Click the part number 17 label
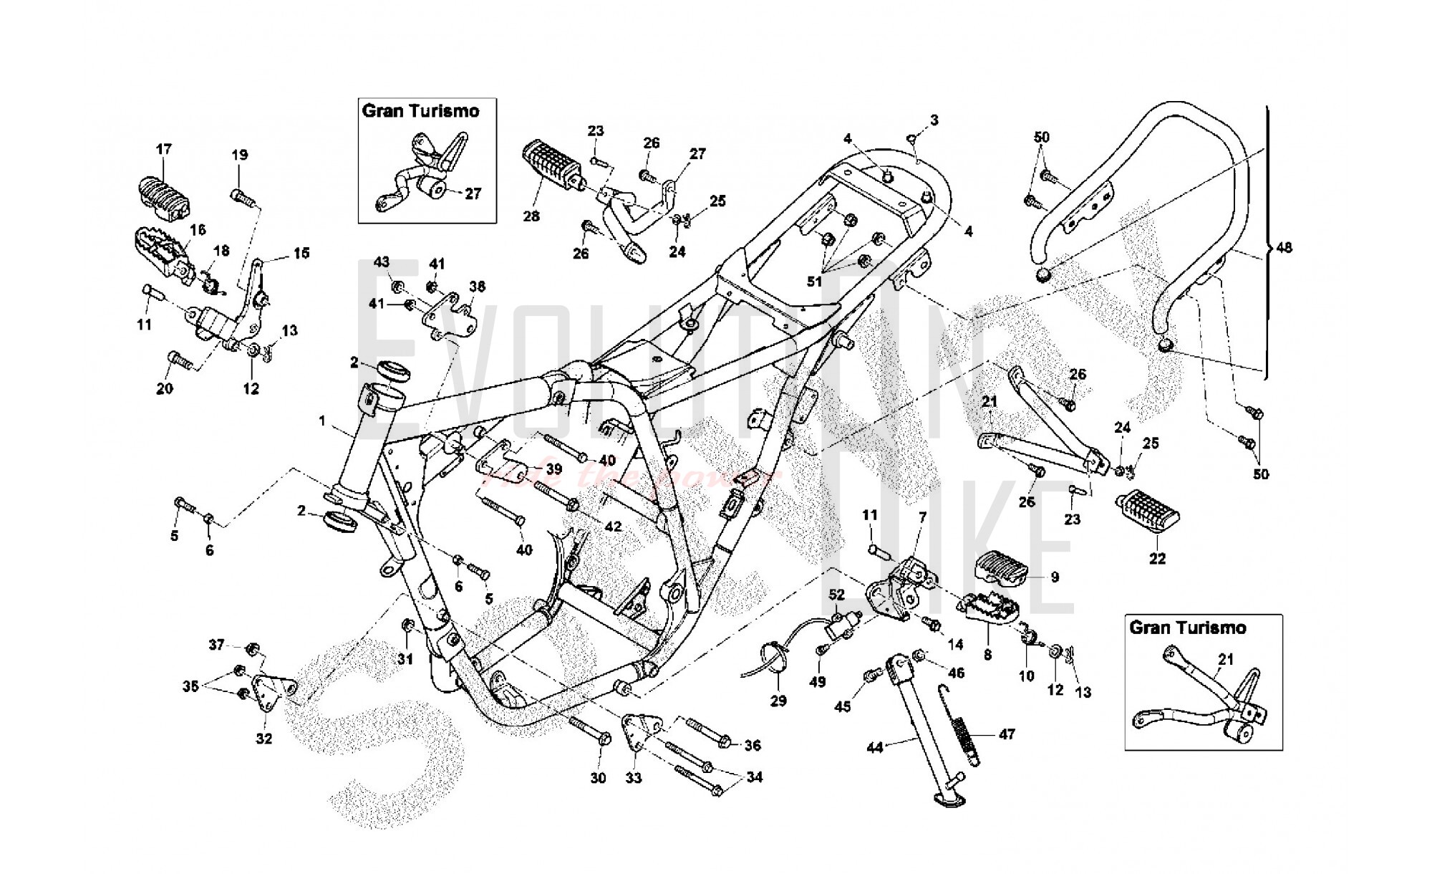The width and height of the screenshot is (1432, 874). pos(164,149)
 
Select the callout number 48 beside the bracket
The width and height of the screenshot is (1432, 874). pos(1285,248)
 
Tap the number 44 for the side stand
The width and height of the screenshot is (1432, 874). pos(875,748)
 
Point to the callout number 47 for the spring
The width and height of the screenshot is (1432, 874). pos(1007,734)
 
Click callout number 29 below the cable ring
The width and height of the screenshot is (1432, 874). pos(778,701)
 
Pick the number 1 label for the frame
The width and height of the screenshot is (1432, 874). pos(322,421)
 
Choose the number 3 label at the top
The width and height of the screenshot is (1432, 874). pos(934,120)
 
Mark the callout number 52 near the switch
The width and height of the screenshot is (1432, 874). pos(837,595)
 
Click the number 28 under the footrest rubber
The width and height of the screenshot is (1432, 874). pos(531,216)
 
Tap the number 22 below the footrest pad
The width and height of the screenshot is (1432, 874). pos(1157,559)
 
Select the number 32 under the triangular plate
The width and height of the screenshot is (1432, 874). pos(264,739)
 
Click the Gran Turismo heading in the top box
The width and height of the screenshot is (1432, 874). pos(420,111)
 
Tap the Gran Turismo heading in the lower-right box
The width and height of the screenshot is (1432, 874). pos(1188,628)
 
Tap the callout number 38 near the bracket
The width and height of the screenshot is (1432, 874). pos(478,287)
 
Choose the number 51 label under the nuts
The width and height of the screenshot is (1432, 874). pos(814,282)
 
